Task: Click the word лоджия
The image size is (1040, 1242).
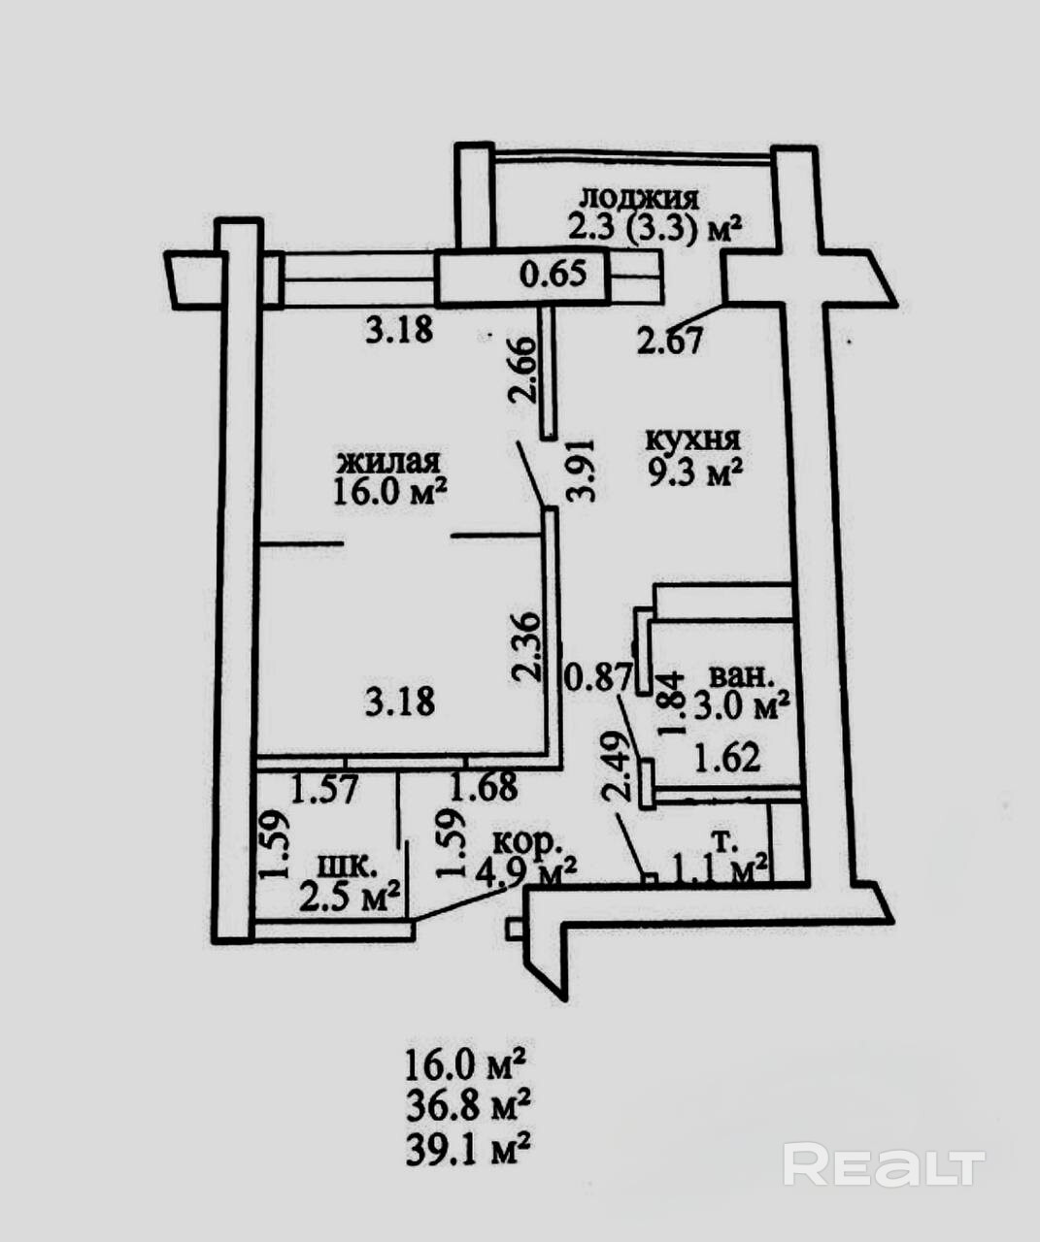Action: coord(638,197)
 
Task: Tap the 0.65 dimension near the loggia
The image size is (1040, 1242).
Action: coord(554,275)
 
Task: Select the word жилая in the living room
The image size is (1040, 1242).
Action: coord(388,460)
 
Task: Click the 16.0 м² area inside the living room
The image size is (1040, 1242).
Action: coord(389,490)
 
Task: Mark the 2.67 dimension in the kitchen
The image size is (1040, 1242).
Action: coord(669,341)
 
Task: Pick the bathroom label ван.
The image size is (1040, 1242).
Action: coord(742,675)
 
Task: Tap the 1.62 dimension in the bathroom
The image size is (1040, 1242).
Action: coord(726,758)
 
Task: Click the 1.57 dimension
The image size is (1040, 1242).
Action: coord(325,787)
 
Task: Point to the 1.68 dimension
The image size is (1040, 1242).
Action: coord(485,786)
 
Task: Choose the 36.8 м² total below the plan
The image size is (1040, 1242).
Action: coord(466,1106)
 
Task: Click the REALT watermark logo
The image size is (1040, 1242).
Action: coord(884,1164)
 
